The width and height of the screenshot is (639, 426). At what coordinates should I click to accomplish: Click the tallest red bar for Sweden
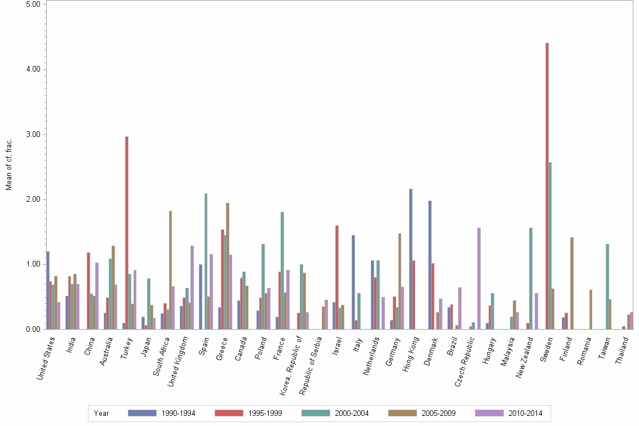coord(547,186)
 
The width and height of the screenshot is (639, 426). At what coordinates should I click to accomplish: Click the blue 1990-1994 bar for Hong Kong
coord(411,259)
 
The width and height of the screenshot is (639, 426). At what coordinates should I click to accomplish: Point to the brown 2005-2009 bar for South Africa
coord(170,270)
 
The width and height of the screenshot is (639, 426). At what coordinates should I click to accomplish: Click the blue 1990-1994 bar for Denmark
coord(430,265)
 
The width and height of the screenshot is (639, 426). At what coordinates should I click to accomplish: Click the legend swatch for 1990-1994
coord(141,413)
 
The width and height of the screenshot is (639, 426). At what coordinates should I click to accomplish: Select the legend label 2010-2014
coord(525,413)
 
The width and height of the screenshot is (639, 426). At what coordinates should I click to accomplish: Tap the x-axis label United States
coord(46,357)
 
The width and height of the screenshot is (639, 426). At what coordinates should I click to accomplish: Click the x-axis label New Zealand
coord(525,356)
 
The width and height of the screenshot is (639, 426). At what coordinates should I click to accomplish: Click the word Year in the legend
coord(102,413)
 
